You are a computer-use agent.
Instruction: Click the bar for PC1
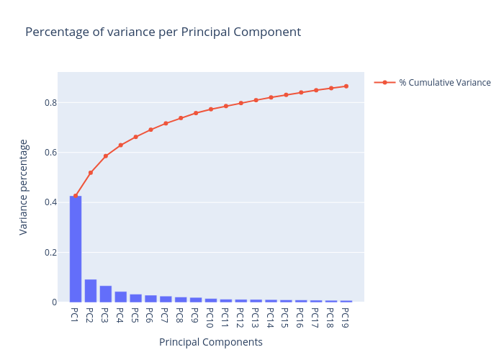tap(76, 248)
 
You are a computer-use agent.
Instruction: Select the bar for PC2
tap(91, 291)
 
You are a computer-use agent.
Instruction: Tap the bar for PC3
tap(106, 294)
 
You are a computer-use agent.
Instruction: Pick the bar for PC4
tap(121, 297)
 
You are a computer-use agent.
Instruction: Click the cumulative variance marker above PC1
tap(76, 196)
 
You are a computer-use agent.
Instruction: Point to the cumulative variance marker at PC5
tap(135, 137)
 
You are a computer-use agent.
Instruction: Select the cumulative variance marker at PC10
tap(211, 109)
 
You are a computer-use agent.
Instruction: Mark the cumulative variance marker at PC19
tap(346, 86)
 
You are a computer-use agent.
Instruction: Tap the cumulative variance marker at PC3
tap(106, 156)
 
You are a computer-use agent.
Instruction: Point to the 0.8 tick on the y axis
tap(50, 102)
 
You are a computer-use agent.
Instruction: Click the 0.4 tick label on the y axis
tap(50, 202)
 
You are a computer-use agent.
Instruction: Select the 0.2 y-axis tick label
tap(50, 252)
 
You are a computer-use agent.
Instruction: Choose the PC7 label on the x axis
tap(166, 315)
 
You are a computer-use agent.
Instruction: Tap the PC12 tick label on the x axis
tap(240, 317)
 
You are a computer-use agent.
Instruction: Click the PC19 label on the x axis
tap(346, 317)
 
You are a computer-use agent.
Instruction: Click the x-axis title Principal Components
tap(211, 343)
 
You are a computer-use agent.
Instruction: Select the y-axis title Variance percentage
tap(24, 187)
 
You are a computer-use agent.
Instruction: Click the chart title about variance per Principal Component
tap(163, 32)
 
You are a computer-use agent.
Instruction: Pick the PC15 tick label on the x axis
tap(286, 317)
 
